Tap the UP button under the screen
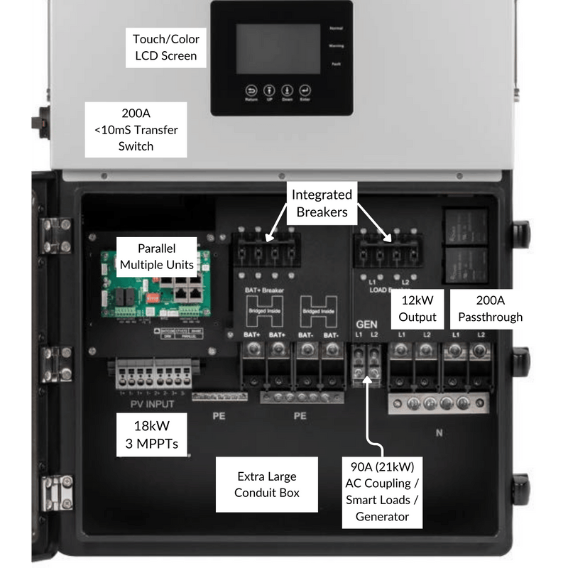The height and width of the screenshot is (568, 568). [270, 92]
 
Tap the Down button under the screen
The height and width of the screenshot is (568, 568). [288, 92]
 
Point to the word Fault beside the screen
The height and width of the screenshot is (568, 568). [336, 65]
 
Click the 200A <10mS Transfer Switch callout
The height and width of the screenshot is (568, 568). [136, 130]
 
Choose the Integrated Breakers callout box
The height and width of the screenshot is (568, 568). [322, 202]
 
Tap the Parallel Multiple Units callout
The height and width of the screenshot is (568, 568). [147, 257]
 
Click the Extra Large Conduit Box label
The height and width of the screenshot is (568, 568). [267, 485]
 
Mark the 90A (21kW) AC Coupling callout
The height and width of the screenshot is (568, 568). [383, 491]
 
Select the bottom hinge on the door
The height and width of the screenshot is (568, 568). [55, 492]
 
